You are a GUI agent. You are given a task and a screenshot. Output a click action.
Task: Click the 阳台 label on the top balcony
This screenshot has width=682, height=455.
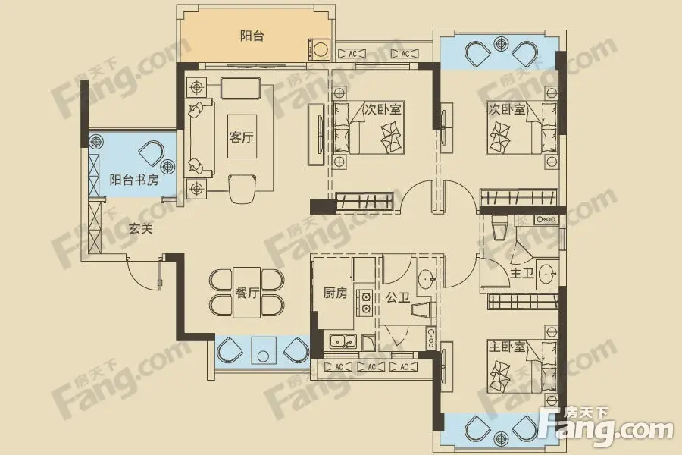coord(252,36)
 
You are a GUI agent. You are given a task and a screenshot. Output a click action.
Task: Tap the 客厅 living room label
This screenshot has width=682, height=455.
coord(242,137)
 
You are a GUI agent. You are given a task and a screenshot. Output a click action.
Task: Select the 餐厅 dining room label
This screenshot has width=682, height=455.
coord(247,293)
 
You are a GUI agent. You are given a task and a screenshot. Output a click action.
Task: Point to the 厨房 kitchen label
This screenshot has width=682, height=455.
coord(336,293)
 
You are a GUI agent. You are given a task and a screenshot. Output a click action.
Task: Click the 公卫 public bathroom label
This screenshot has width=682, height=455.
coord(398,298)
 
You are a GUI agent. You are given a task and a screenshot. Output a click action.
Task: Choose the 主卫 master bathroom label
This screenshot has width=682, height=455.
coord(522,274)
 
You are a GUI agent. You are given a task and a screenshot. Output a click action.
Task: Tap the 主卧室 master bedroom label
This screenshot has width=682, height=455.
coord(507,347)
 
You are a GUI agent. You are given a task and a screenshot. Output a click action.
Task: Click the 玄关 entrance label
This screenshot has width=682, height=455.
coord(141,228)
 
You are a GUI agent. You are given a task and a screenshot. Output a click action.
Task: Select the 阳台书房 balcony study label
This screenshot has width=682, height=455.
coord(134,180)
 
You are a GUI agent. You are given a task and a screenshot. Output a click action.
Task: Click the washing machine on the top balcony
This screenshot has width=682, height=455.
coord(319,49)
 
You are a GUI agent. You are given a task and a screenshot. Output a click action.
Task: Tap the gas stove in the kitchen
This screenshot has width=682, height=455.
coord(365,302)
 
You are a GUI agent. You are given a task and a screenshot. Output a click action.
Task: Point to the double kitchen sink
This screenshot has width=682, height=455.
coord(343,342)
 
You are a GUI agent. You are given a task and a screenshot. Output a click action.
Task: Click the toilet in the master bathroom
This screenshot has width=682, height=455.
coord(499,227)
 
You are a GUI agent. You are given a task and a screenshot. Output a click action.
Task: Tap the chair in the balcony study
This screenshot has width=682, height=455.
coord(152,153)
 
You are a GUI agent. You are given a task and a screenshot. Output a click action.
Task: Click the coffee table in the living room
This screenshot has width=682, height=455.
coord(242,136)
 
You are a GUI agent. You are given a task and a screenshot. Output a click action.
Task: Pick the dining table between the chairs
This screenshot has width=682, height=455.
coord(246,293)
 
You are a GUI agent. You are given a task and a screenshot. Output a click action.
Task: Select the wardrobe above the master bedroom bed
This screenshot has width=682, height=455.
coord(523,301)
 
